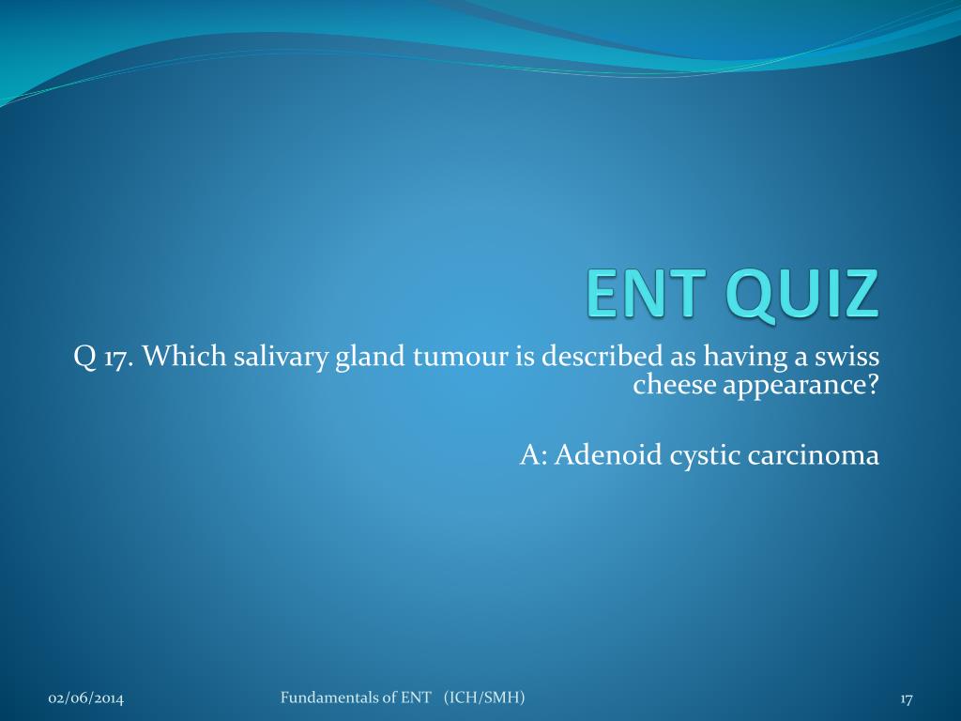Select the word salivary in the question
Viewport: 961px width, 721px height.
282,357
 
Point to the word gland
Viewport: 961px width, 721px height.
370,357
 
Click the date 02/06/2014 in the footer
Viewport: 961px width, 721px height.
85,698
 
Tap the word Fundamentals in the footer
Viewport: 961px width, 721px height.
325,698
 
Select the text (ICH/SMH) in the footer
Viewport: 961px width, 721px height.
485,698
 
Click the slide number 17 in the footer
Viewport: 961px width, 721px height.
907,698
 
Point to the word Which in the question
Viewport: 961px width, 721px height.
184,356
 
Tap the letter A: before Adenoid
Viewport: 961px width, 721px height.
533,455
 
